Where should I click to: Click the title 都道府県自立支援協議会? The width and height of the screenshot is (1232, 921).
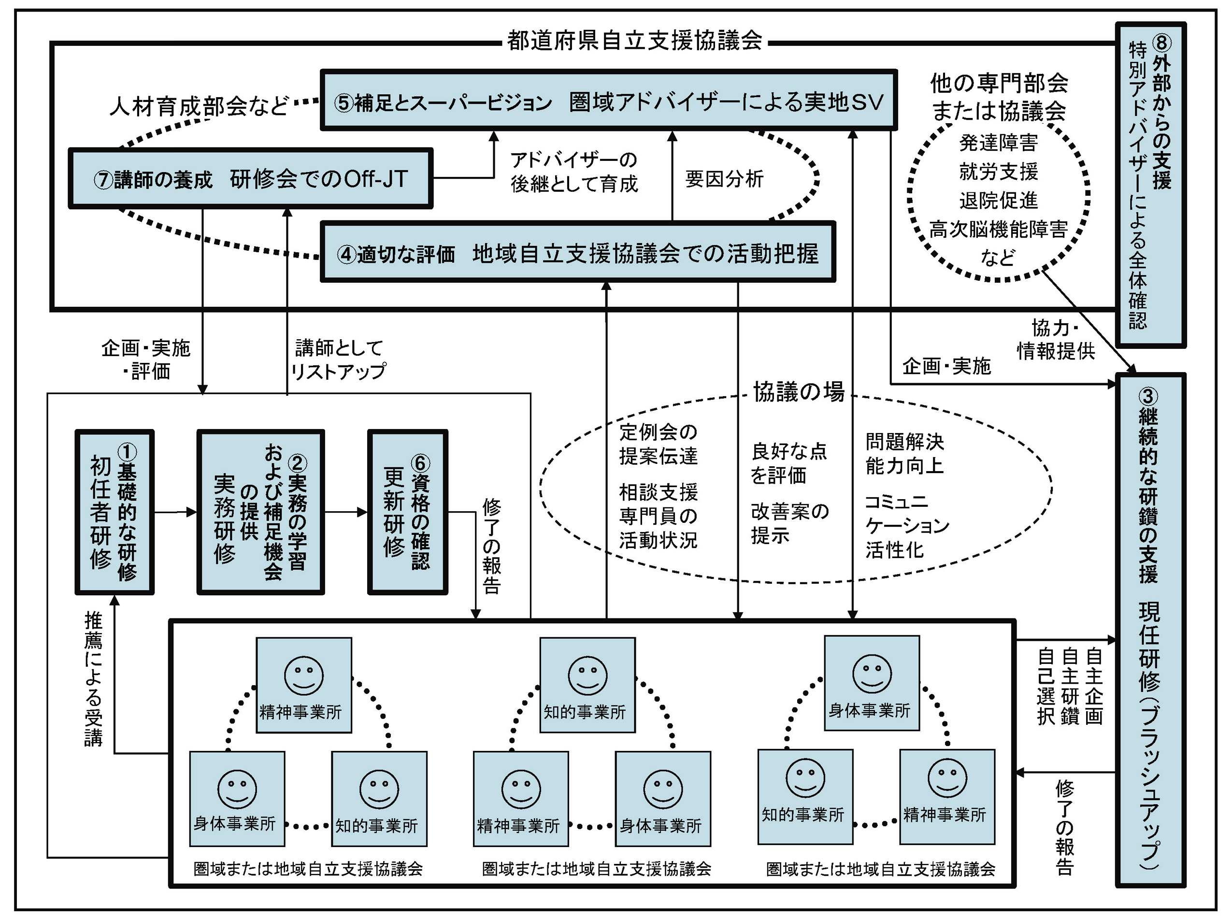point(634,41)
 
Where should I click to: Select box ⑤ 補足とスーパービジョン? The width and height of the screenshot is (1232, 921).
point(608,101)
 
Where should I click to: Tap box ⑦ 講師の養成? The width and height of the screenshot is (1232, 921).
point(251,178)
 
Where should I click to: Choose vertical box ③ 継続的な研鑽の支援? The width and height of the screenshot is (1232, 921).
point(1151,630)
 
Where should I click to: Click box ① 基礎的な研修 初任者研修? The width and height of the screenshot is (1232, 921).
point(115,512)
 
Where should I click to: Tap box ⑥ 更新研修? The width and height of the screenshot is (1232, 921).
point(408,512)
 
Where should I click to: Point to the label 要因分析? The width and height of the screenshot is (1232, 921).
point(724,179)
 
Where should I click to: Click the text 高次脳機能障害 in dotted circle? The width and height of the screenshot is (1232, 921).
point(998,230)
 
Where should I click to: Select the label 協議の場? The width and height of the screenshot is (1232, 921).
point(799,392)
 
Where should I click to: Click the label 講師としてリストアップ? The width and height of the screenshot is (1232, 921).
point(339,360)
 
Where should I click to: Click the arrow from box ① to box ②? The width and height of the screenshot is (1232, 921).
point(175,512)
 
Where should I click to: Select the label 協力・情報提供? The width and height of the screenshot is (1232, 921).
point(1056,339)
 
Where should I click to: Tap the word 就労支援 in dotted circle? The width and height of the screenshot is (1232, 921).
point(998,172)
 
